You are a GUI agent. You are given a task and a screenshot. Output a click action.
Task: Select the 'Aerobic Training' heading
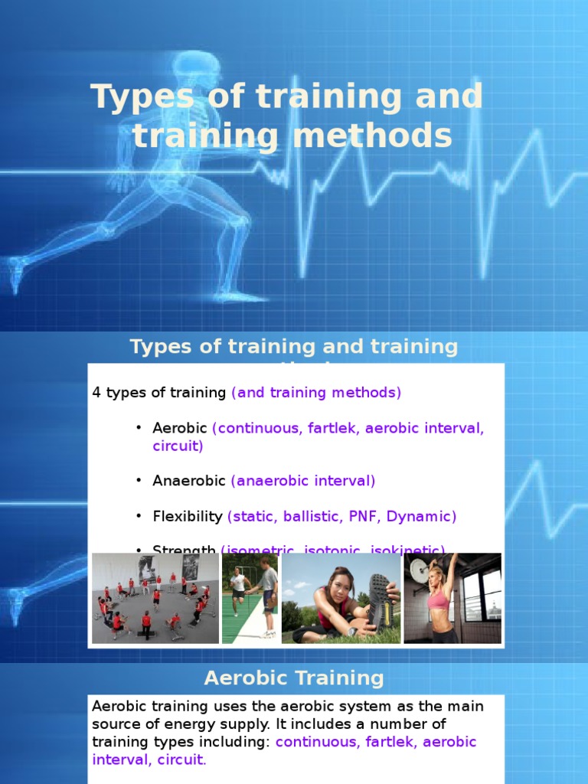click(294, 678)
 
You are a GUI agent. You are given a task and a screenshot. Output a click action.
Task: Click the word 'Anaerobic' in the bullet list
click(188, 481)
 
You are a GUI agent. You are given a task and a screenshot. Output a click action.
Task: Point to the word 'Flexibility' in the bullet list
click(187, 516)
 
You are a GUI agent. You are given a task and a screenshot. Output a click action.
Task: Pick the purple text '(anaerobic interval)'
click(303, 481)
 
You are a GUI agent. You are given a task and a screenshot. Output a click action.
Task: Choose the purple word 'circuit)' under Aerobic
click(178, 446)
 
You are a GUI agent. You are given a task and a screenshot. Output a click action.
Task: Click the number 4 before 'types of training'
click(96, 393)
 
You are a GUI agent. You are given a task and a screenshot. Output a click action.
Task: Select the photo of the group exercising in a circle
click(155, 598)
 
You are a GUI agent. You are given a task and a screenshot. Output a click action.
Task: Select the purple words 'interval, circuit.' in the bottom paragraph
click(149, 759)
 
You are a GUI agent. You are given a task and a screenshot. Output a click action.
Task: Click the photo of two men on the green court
click(250, 598)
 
